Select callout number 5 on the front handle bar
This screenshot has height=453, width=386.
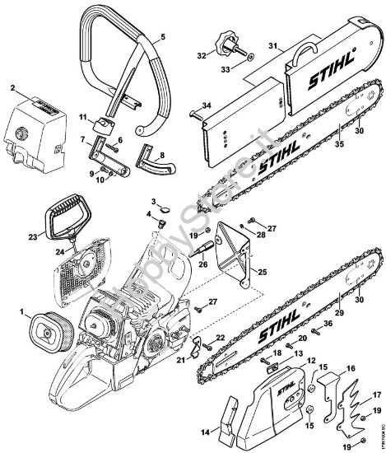(x=162, y=37)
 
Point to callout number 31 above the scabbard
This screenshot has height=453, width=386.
(x=273, y=45)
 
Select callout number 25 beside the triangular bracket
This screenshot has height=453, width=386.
(x=263, y=271)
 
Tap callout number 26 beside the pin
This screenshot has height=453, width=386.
(x=201, y=265)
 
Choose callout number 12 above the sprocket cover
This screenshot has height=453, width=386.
(x=311, y=360)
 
